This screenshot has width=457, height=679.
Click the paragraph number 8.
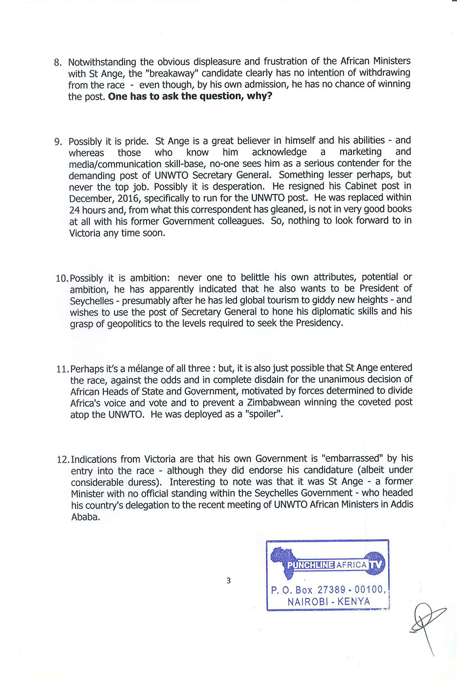tap(57, 63)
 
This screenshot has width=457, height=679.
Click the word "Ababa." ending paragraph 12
tap(86, 517)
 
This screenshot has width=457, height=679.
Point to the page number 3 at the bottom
tap(228, 581)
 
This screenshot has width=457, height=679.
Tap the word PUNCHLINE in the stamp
tap(311, 565)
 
